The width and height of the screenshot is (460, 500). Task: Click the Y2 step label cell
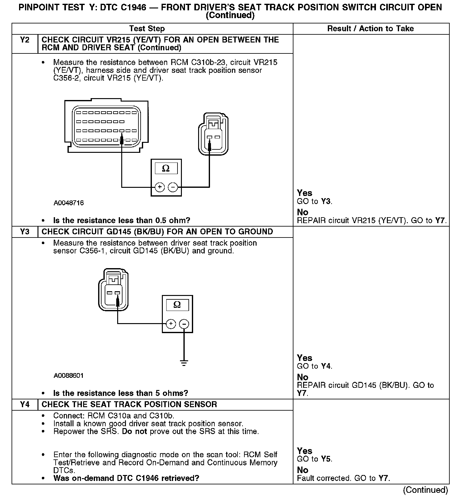pos(25,40)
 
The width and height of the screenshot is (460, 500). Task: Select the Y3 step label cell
pos(25,232)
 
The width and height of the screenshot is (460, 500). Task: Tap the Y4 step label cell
pos(25,404)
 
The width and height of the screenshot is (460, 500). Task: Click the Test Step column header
pos(147,29)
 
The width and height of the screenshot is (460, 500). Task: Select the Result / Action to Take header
pos(370,29)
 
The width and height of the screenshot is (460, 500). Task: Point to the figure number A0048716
pos(69,203)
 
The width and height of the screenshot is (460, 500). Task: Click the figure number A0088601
pos(69,376)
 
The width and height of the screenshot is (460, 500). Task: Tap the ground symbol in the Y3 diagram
pos(184,363)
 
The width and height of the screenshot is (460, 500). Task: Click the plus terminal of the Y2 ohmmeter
pos(160,187)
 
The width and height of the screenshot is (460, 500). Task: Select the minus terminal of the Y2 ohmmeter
pos(173,187)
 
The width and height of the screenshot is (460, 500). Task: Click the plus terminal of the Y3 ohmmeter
pos(171,324)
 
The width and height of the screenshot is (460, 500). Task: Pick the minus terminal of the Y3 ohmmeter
pos(184,324)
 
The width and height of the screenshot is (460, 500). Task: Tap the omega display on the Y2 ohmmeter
pos(166,169)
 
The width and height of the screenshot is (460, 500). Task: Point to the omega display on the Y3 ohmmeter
pos(177,305)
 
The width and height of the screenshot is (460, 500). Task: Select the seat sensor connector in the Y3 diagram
pos(113,289)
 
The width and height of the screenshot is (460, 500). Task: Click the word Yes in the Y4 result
pos(305,451)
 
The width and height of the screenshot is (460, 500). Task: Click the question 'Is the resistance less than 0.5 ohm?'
pos(122,221)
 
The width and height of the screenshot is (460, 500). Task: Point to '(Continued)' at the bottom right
pos(425,490)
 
